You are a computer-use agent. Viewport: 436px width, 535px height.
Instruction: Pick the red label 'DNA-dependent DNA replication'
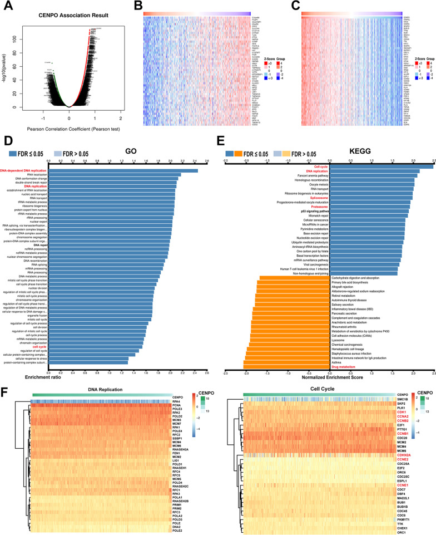click(x=24, y=170)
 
